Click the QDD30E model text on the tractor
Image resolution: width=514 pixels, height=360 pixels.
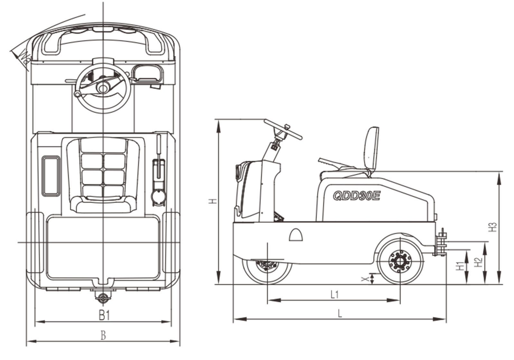pyautogui.click(x=356, y=195)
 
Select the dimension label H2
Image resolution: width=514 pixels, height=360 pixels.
pyautogui.click(x=479, y=262)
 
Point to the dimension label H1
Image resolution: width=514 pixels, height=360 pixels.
pyautogui.click(x=461, y=266)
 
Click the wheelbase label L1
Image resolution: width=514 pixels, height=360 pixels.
pyautogui.click(x=334, y=294)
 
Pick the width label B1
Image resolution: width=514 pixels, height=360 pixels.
pyautogui.click(x=104, y=316)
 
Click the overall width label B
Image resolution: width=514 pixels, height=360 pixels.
pyautogui.click(x=103, y=336)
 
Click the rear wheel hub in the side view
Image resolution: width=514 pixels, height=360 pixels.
pyautogui.click(x=400, y=261)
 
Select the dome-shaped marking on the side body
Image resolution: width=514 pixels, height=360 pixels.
pyautogui.click(x=296, y=235)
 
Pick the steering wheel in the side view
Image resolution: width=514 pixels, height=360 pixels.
pyautogui.click(x=283, y=128)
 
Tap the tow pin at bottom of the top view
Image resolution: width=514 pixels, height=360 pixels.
pyautogui.click(x=103, y=298)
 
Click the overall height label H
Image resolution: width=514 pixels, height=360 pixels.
pyautogui.click(x=212, y=201)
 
